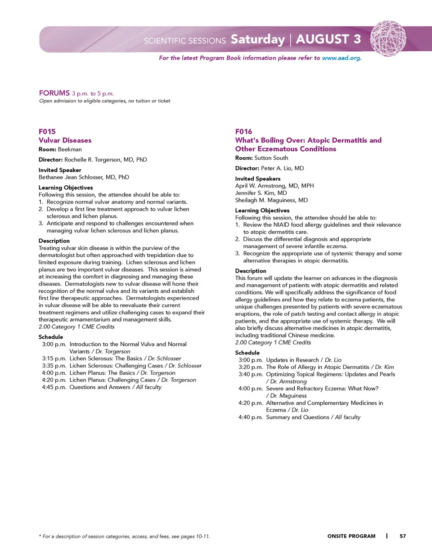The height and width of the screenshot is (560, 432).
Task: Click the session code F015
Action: [x=47, y=131]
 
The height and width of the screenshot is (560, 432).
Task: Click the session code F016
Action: [x=243, y=131]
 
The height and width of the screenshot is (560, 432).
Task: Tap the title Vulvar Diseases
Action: [x=65, y=140]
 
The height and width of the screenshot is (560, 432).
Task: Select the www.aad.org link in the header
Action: [x=341, y=58]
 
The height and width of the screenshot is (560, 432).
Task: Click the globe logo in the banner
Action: [x=388, y=38]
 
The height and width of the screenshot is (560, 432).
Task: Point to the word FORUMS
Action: [x=54, y=93]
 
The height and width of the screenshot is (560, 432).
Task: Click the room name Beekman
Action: [x=70, y=149]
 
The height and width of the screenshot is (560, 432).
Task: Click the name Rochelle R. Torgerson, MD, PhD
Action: [x=106, y=160]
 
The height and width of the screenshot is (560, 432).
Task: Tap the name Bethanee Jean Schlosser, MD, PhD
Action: [x=84, y=177]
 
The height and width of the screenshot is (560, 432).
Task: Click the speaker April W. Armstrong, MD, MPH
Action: [x=274, y=186]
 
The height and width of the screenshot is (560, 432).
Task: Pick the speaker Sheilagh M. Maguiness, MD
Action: [x=271, y=200]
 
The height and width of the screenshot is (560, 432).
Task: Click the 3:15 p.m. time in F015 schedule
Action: [x=54, y=358]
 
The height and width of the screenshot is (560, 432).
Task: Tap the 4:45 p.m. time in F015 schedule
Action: [x=54, y=387]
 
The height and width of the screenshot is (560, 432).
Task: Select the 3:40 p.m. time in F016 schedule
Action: [x=251, y=374]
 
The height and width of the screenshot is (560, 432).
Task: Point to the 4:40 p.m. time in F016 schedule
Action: [x=251, y=417]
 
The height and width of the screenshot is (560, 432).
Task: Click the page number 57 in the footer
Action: [x=403, y=536]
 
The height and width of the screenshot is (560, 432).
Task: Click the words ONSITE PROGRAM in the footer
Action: [x=351, y=536]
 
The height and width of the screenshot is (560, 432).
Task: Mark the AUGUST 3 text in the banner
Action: [x=328, y=40]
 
